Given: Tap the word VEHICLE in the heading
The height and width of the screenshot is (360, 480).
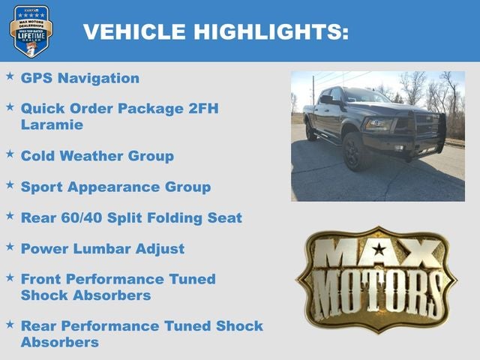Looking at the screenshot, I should point(134,31).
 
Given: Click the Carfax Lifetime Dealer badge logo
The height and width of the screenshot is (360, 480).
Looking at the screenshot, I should point(31,31).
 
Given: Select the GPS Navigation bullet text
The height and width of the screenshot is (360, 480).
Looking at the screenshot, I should point(80,78).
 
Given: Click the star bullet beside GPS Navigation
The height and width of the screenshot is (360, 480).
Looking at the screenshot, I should point(10,76).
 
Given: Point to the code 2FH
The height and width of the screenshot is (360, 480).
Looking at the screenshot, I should point(202,109).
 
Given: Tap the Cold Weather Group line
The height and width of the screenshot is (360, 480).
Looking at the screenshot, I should point(97,156).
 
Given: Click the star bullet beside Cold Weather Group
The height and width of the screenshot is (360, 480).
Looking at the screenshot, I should point(10,154).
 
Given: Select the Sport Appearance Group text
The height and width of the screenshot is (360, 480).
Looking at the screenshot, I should point(115,187).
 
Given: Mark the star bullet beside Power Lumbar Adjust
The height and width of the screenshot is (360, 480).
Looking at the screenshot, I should point(10,246).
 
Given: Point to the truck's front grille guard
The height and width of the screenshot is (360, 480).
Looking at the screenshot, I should point(412,135).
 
